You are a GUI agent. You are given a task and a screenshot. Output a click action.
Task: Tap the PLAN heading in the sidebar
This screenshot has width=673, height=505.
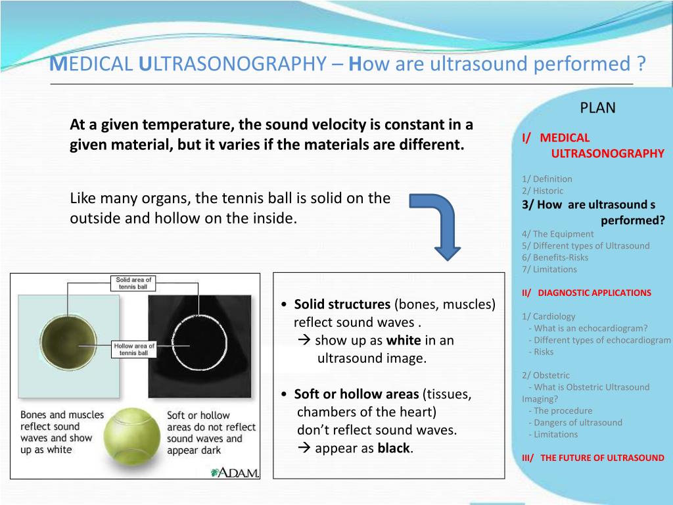pos(597,108)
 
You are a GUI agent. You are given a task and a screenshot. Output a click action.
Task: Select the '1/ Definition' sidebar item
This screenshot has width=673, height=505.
pos(547,179)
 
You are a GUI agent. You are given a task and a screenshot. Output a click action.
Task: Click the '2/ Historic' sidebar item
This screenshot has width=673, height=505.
pos(542,191)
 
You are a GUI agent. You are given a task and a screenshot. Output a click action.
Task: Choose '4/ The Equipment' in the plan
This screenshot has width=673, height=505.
pos(557,233)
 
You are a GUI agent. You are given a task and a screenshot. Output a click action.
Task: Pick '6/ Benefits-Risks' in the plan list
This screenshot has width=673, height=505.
pos(555,257)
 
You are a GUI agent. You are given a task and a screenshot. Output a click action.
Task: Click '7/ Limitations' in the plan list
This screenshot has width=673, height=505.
pos(549,269)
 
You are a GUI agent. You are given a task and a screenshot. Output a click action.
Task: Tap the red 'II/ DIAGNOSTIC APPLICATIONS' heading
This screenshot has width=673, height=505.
pos(586,293)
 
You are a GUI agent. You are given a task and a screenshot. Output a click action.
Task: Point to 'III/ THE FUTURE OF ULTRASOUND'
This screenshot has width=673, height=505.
pos(593,458)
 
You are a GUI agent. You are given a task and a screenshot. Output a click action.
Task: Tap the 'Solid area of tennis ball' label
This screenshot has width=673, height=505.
pos(133,283)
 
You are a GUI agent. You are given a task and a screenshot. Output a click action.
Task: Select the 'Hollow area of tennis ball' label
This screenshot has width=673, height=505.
pos(134,349)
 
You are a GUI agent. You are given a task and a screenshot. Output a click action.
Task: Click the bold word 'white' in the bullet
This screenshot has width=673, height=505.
pos(404,341)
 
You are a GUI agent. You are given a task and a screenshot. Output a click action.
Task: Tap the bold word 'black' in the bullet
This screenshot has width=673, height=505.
pos(394,448)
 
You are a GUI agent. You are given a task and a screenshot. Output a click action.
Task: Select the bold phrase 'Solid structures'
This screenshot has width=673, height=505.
pos(342,304)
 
